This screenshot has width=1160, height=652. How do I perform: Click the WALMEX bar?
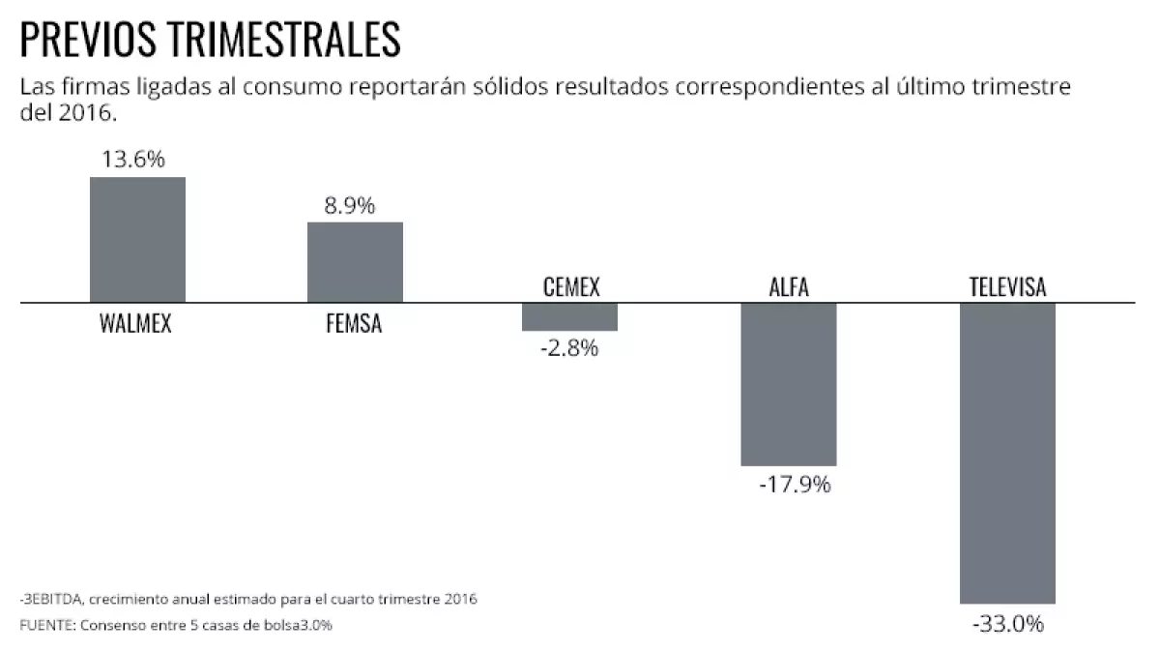tap(137, 240)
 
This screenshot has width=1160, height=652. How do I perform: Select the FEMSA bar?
tap(355, 262)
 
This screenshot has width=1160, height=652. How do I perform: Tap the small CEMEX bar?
tap(569, 316)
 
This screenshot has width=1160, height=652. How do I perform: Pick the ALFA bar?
tap(788, 384)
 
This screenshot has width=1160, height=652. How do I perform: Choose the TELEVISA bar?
tap(1006, 453)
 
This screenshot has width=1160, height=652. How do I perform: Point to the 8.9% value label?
tap(350, 206)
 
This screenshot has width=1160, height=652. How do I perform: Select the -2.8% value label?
tap(569, 348)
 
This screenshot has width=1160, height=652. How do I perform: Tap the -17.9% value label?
tap(795, 484)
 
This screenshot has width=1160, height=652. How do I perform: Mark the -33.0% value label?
tap(1007, 624)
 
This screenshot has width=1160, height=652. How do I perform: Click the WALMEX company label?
tap(135, 324)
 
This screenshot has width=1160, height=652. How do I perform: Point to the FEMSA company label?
tap(354, 324)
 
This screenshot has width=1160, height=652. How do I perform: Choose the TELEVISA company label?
tap(1007, 287)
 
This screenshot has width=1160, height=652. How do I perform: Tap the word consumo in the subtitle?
tap(286, 87)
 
